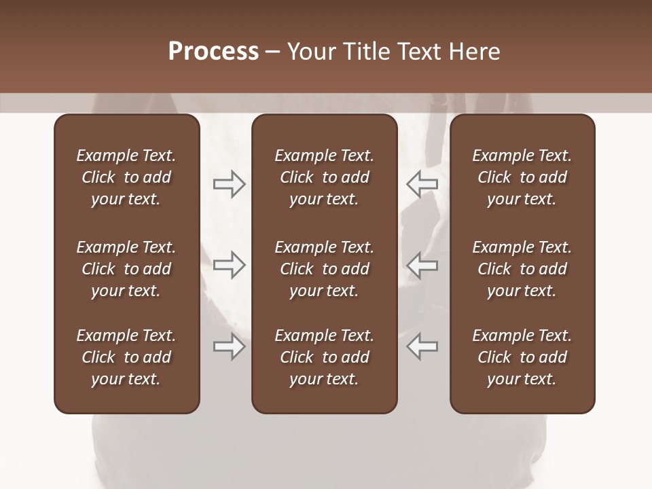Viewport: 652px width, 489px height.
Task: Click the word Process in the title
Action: click(213, 52)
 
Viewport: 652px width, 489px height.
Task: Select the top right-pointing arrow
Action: click(229, 184)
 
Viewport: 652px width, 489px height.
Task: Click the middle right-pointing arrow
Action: click(229, 265)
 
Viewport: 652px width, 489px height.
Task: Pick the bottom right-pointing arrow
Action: click(229, 347)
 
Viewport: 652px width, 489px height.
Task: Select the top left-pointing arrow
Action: click(422, 183)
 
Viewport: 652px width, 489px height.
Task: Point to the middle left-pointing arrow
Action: click(422, 265)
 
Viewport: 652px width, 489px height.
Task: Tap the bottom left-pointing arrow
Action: click(422, 347)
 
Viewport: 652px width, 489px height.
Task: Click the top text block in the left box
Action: click(126, 177)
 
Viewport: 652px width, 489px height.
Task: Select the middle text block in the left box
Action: click(126, 269)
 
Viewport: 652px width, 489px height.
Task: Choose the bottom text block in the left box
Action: click(126, 357)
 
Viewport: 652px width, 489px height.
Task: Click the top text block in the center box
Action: click(324, 177)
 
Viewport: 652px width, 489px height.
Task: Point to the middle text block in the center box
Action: click(324, 269)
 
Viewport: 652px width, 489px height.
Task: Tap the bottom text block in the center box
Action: click(324, 357)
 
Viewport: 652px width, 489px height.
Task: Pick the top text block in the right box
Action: click(522, 177)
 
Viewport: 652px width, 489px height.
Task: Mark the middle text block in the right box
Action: click(522, 269)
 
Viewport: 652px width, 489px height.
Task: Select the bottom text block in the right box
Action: click(522, 357)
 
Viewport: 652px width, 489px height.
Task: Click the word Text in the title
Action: click(422, 52)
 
